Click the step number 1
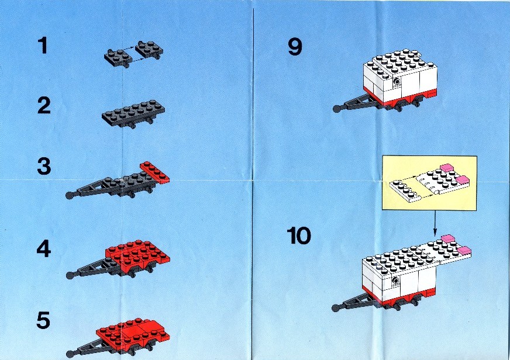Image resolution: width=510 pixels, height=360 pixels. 43,46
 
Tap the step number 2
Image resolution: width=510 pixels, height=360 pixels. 44,106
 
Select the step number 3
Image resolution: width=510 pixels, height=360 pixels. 44,166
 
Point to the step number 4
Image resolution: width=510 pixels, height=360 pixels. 44,249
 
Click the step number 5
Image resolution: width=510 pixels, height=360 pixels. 44,320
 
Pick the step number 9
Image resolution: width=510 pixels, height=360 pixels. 295,47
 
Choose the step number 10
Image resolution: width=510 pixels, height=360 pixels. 299,236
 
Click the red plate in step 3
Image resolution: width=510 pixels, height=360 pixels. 155,172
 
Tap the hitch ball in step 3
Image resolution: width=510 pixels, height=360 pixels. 70,195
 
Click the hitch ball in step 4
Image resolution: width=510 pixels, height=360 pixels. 70,275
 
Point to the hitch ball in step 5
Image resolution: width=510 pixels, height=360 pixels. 70,354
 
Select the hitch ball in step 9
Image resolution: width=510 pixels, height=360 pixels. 337,109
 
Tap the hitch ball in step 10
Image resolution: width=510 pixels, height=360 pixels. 336,307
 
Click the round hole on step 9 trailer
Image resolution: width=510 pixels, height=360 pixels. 396,82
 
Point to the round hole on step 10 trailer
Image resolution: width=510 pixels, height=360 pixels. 395,281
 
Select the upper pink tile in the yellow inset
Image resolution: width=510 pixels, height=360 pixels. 447,167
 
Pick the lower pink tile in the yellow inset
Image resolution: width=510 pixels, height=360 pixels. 463,179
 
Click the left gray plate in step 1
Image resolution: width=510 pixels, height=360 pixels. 118,58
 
